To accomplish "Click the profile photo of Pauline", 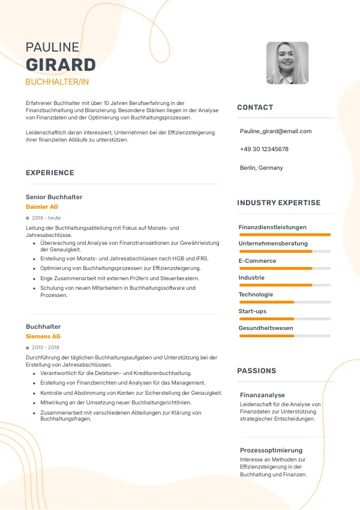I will pyautogui.click(x=287, y=62).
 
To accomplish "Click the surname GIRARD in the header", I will pyautogui.click(x=61, y=65).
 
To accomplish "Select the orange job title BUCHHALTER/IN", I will pyautogui.click(x=57, y=82).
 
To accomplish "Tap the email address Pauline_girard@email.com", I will pyautogui.click(x=275, y=131).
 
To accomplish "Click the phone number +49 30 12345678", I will pyautogui.click(x=264, y=149).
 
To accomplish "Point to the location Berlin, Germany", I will pyautogui.click(x=261, y=167).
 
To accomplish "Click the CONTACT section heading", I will pyautogui.click(x=255, y=107).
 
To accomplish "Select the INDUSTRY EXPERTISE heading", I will pyautogui.click(x=278, y=203).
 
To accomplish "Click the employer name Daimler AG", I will pyautogui.click(x=42, y=207).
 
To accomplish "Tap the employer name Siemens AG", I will pyautogui.click(x=43, y=337).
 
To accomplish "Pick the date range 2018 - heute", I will pyautogui.click(x=46, y=218).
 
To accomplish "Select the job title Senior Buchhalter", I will pyautogui.click(x=54, y=197).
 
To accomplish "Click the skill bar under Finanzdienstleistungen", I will pyautogui.click(x=284, y=235).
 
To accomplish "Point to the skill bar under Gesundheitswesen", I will pyautogui.click(x=284, y=336).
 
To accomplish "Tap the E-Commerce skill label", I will pyautogui.click(x=257, y=261).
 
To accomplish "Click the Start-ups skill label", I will pyautogui.click(x=253, y=311).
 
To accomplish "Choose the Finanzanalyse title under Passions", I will pyautogui.click(x=262, y=395).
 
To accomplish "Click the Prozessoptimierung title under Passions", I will pyautogui.click(x=271, y=450).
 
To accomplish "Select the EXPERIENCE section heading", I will pyautogui.click(x=50, y=173).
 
